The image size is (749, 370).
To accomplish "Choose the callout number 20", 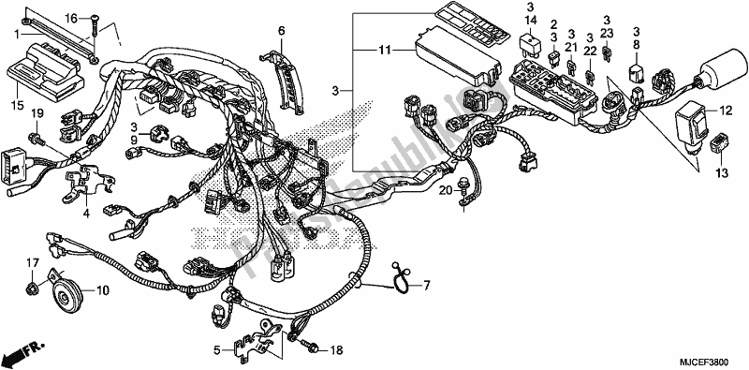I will [x=447, y=191].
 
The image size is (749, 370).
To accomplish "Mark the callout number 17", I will [x=30, y=263].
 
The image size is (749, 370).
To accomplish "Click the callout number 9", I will [x=133, y=140].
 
